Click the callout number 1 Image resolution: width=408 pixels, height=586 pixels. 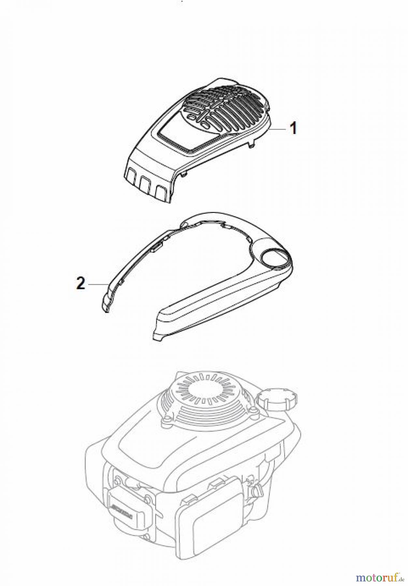[293, 128]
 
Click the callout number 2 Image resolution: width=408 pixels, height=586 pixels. [80, 284]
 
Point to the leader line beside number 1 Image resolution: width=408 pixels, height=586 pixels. [279, 129]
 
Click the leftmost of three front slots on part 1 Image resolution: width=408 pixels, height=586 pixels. [132, 177]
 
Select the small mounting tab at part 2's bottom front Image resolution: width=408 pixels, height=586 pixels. [156, 337]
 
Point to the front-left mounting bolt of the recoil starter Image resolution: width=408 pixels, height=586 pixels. [166, 421]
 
